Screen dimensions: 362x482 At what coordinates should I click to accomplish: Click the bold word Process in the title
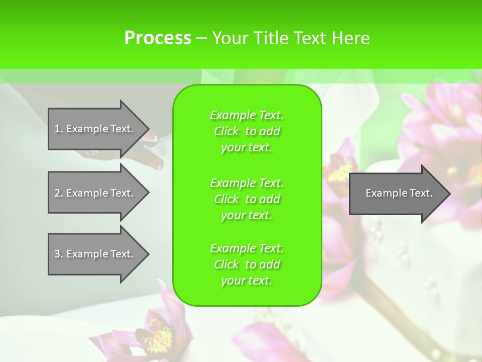pos(158,38)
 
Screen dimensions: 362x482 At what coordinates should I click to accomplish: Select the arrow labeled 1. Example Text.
pos(95,129)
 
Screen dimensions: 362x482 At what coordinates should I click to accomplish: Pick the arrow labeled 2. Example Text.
pos(95,193)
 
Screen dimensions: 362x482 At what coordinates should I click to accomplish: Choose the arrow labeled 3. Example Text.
pos(95,254)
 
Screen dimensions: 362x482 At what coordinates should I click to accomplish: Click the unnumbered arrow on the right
pos(397,193)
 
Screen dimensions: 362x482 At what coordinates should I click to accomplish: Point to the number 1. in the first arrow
pos(59,129)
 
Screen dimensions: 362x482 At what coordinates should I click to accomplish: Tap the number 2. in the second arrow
pos(59,193)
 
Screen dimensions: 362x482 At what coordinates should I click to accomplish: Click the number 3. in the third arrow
pos(59,254)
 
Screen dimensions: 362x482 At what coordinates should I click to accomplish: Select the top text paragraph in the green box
pos(247,131)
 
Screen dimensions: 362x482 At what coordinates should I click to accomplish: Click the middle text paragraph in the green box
pos(247,199)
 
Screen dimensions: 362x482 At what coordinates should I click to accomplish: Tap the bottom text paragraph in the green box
pos(247,264)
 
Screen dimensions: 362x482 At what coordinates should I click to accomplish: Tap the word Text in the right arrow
pos(421,193)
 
